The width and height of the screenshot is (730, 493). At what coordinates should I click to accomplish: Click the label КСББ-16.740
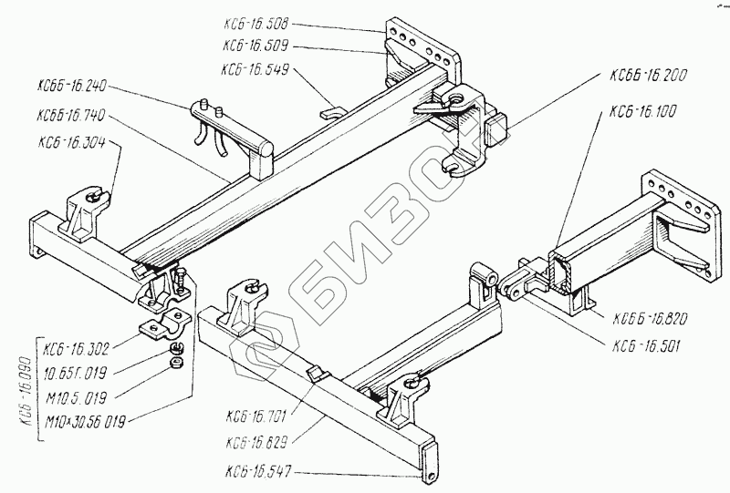click(74, 117)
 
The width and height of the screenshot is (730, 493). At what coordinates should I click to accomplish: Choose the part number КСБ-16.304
click(74, 143)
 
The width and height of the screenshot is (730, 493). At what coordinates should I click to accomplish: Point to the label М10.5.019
click(80, 396)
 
